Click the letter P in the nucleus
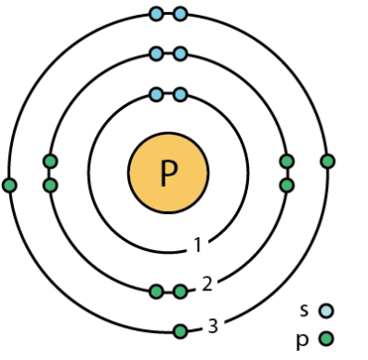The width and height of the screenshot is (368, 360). tap(168, 172)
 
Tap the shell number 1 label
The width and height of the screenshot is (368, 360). tap(198, 246)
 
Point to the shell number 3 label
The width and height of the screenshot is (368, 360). tap(213, 326)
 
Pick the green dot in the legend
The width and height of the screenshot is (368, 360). tap(325, 340)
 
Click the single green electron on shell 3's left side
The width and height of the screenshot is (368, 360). tap(10, 185)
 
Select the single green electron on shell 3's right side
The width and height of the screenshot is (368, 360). tap(327, 161)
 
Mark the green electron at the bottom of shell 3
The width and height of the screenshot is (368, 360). tap(180, 331)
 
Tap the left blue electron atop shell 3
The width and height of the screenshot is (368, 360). tap(156, 14)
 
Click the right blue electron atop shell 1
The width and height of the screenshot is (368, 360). tap(180, 94)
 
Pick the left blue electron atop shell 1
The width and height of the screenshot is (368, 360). tap(156, 94)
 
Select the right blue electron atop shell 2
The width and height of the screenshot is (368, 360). tap(180, 53)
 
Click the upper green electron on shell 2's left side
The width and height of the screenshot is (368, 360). tap(50, 161)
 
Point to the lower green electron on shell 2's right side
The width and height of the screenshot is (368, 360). tap(287, 185)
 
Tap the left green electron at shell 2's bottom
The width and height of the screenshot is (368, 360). tap(156, 292)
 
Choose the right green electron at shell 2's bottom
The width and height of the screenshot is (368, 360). tap(180, 292)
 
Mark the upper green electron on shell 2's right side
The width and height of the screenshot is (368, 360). tap(287, 161)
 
